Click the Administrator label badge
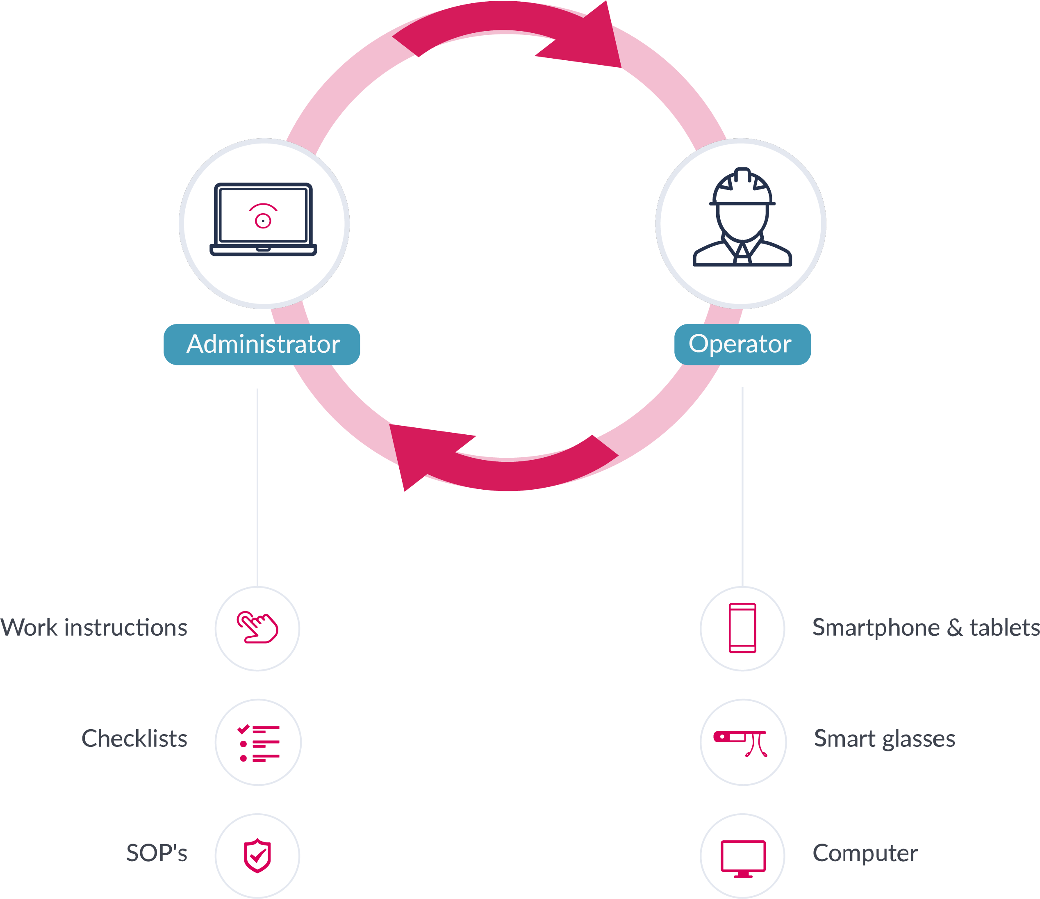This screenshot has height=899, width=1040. click(262, 345)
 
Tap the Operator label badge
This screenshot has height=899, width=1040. click(742, 345)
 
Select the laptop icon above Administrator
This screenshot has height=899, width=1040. click(264, 219)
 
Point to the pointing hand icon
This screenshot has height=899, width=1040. click(257, 627)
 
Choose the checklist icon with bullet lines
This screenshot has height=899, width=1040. click(258, 743)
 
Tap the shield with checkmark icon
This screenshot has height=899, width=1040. click(257, 855)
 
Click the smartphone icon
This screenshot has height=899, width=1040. click(742, 628)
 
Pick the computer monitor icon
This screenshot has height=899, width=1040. click(743, 858)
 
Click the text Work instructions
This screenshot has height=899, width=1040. click(94, 628)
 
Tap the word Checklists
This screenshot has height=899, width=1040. click(134, 739)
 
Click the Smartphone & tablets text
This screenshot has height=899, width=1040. click(926, 628)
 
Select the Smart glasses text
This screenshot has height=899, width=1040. click(884, 739)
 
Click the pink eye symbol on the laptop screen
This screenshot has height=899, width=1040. click(263, 217)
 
